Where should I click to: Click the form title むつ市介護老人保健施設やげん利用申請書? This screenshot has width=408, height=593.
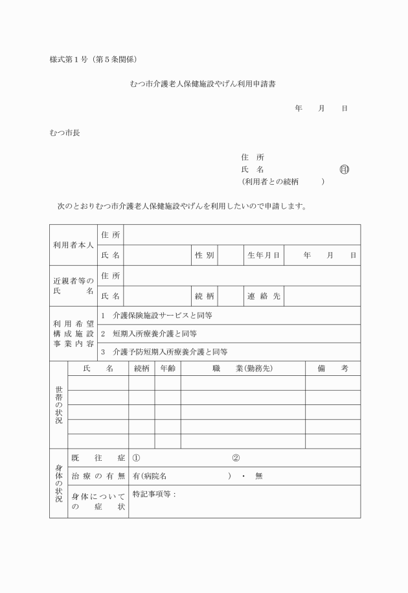tap(205, 84)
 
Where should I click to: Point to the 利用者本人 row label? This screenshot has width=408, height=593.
tap(73, 246)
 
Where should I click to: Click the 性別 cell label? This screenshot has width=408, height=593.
tap(205, 256)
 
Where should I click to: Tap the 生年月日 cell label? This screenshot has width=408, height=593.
tap(263, 256)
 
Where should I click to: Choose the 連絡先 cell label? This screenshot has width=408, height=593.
tap(263, 296)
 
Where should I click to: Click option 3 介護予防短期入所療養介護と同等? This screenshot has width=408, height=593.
tap(164, 353)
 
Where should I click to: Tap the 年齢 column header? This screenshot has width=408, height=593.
tap(168, 369)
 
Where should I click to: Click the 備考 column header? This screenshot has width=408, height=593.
tap(333, 369)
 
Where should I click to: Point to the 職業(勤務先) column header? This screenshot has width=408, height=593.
tap(242, 369)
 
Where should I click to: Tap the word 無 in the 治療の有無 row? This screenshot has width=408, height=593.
tap(258, 476)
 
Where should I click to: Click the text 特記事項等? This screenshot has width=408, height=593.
tap(153, 494)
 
